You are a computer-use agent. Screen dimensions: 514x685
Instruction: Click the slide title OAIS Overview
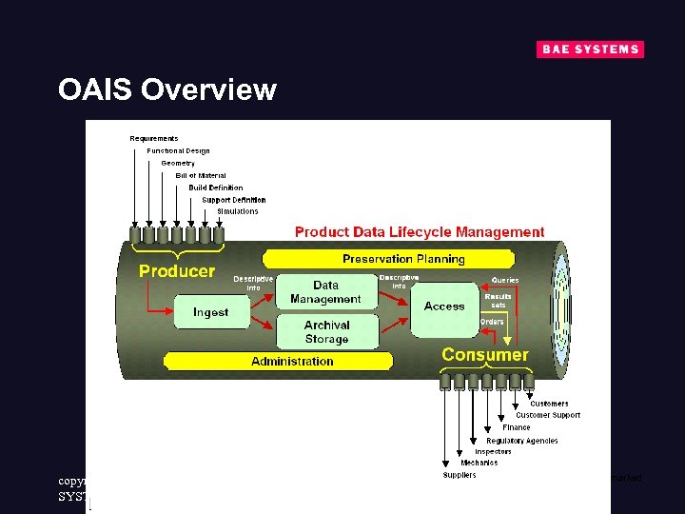(166, 89)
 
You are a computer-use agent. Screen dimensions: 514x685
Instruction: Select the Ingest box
(210, 312)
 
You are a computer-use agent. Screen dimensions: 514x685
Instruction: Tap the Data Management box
(325, 292)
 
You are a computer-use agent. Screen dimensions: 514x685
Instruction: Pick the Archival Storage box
(326, 331)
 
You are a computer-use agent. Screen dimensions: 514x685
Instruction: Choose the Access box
(444, 306)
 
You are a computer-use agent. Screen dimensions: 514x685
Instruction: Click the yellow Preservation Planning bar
(403, 259)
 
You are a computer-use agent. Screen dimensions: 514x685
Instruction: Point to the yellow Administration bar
(292, 362)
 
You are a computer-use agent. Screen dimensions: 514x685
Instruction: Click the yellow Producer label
(177, 271)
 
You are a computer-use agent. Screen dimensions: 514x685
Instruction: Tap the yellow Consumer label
(484, 355)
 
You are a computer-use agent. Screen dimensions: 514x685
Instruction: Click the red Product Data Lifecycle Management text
(420, 232)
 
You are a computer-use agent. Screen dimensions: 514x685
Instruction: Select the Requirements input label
(154, 139)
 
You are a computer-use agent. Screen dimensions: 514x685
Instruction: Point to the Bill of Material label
(201, 176)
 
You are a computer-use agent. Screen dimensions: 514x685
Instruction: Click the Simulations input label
(237, 211)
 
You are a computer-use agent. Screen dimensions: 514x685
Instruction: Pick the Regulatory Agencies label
(521, 441)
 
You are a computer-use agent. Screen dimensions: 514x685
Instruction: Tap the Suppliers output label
(460, 475)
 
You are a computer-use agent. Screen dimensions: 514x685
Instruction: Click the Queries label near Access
(505, 280)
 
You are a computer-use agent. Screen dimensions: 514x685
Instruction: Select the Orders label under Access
(492, 322)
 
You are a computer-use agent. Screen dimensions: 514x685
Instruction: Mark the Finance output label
(517, 427)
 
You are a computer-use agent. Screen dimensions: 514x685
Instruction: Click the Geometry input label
(178, 164)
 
